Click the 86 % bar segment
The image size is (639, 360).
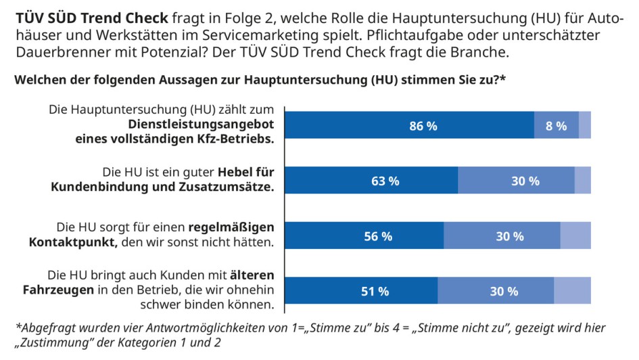409,125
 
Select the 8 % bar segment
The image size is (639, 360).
556,125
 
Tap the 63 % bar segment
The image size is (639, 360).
371,181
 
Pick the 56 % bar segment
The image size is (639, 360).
364,236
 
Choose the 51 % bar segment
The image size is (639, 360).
361,292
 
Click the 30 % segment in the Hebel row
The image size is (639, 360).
516,181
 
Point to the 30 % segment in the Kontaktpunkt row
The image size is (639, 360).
502,236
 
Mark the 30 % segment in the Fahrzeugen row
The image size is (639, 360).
496,292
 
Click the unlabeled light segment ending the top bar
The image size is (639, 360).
584,125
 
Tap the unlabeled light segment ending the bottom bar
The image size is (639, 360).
572,292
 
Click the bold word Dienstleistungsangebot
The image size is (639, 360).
201,125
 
